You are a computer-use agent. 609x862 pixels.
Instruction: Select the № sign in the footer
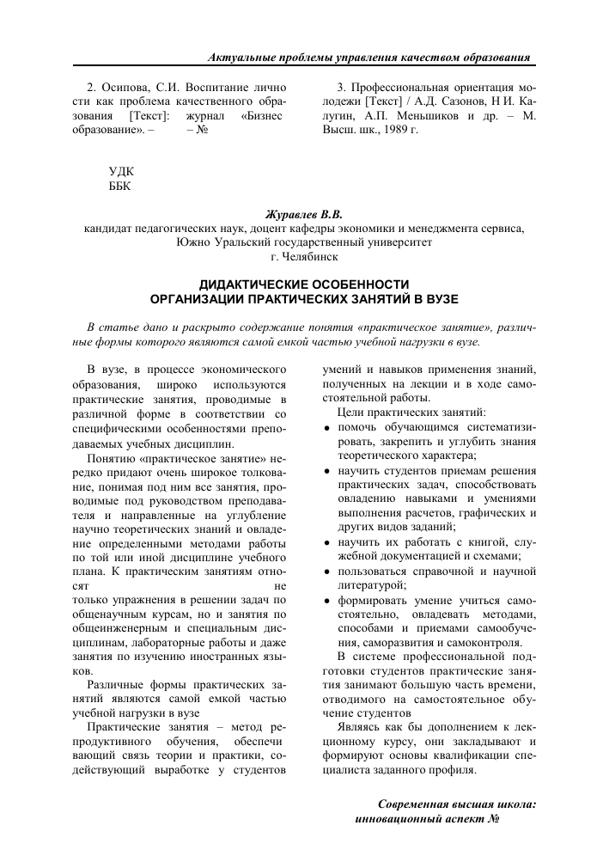493,819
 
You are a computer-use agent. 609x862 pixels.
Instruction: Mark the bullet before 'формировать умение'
327,602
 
